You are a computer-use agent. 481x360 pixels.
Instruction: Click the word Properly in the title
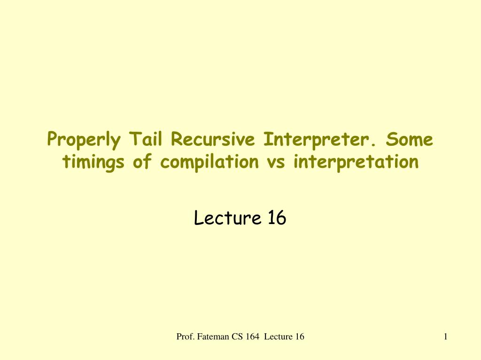(x=84, y=140)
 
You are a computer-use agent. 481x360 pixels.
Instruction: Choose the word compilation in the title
(x=209, y=162)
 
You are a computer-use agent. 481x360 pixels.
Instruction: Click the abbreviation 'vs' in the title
(x=276, y=162)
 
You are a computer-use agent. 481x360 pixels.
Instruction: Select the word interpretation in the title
(x=356, y=162)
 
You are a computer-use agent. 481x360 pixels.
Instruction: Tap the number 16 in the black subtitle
(x=277, y=218)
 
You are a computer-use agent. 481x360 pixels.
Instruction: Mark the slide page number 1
(x=445, y=336)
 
